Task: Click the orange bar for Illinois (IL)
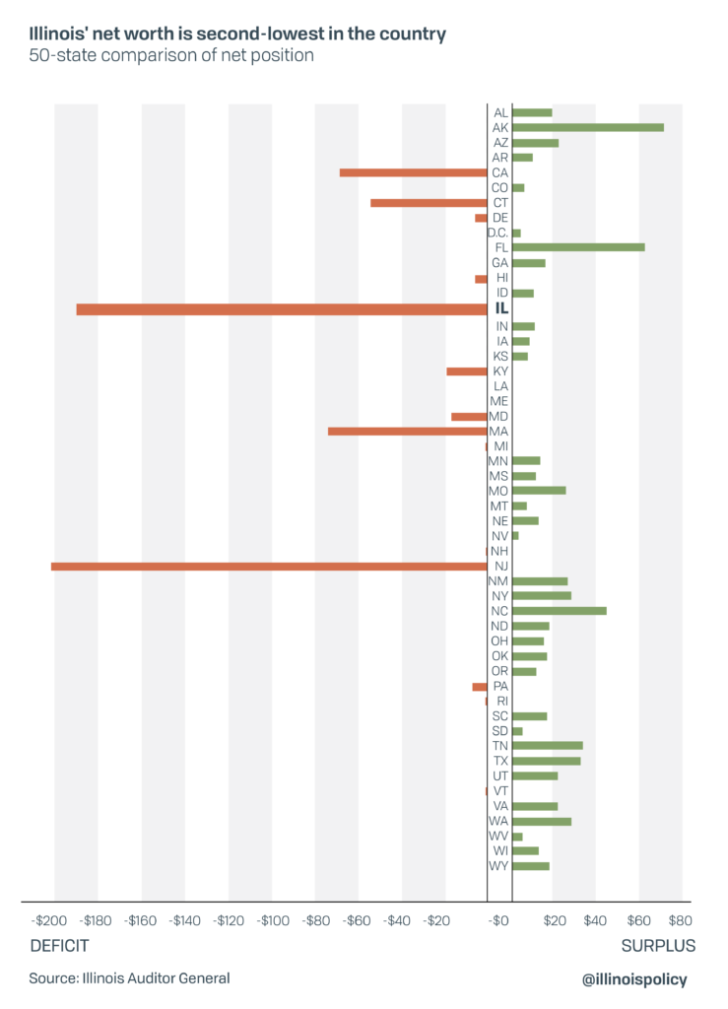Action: [281, 309]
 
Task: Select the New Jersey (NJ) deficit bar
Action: [268, 566]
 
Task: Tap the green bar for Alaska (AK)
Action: [587, 127]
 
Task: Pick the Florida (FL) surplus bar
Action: [577, 247]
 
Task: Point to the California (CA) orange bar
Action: [413, 172]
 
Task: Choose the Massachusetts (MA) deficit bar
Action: [407, 431]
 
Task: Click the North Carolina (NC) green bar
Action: [559, 611]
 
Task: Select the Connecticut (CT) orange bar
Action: [428, 203]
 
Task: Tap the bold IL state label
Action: [500, 309]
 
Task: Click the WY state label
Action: [499, 866]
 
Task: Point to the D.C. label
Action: [497, 233]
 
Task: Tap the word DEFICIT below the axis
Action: [59, 946]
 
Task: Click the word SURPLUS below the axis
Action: [658, 946]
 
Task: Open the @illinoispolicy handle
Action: [635, 978]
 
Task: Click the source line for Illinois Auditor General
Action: [129, 978]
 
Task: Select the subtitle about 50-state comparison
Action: [171, 56]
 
